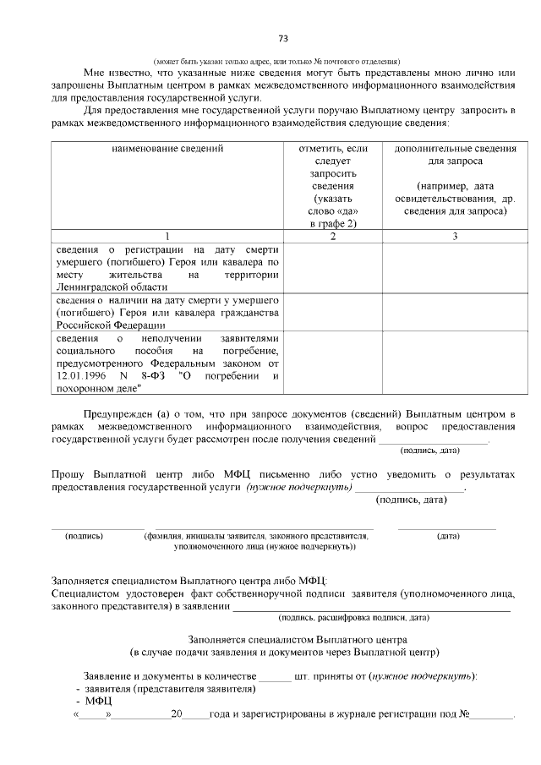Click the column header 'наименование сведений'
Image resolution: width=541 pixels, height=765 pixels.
pos(167,149)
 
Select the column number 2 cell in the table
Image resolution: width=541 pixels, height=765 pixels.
pos(332,236)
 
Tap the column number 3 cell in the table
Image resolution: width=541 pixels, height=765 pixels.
pos(454,236)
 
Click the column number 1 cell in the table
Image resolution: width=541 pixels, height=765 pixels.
pos(167,236)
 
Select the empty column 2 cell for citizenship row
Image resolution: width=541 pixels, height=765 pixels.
pos(332,311)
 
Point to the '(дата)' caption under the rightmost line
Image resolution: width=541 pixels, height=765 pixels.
pos(448,536)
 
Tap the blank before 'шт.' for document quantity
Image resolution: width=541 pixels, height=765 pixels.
pos(274,675)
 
